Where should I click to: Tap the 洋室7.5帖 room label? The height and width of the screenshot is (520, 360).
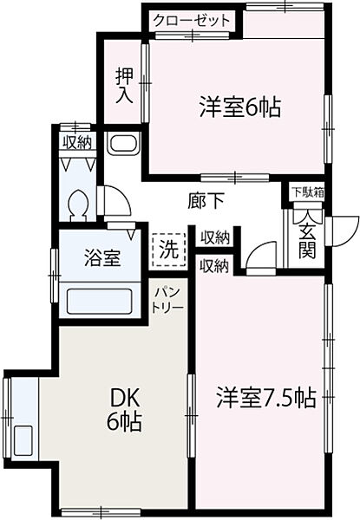click(x=265, y=398)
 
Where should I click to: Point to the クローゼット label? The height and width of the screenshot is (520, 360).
click(x=192, y=20)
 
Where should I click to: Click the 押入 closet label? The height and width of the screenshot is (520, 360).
click(x=125, y=84)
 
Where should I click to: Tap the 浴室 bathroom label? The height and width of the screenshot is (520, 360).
click(x=101, y=257)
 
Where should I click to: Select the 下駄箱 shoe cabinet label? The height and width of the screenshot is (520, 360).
click(x=307, y=192)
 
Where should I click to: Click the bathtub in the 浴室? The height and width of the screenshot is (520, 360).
click(x=97, y=300)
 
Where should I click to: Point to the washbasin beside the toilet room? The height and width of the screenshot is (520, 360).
click(x=121, y=144)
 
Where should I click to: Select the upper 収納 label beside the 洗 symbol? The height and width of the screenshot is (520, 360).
click(x=215, y=237)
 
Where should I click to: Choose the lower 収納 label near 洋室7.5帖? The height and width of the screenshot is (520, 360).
click(x=215, y=266)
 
